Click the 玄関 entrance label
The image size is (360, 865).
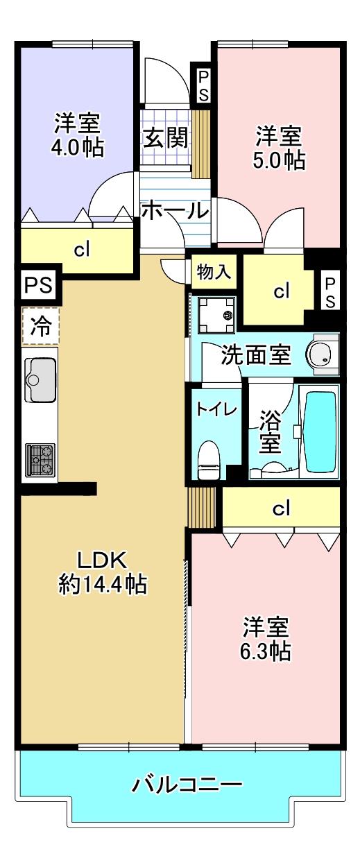pos(166,137)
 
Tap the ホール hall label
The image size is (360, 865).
pos(174,209)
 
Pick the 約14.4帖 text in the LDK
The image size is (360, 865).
pos(103,585)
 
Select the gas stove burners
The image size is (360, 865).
pos(40,459)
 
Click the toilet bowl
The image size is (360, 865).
pos(208,461)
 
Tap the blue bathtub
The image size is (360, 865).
pos(319,430)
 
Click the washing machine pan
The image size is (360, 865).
pos(216,316)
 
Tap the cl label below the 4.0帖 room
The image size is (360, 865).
pos(83,250)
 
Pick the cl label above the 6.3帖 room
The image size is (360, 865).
pos(281,509)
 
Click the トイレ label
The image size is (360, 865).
pos(216,409)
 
